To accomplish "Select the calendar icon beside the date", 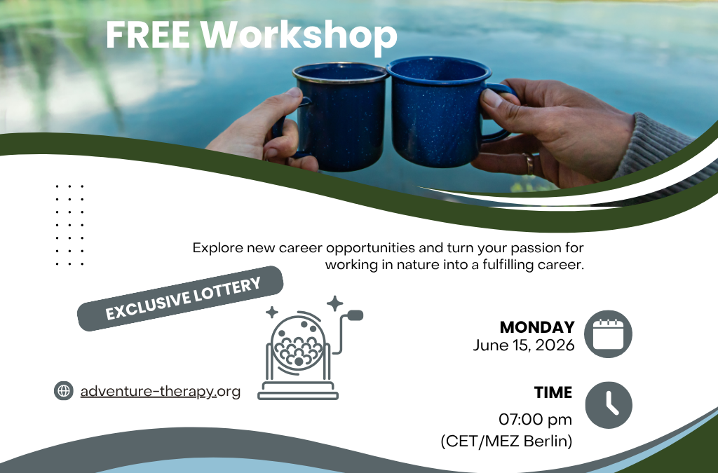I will (608, 334).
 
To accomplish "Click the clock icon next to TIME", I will (608, 404).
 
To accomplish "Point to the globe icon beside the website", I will (64, 391).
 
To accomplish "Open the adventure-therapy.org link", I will (160, 391).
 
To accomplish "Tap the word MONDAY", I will (537, 327).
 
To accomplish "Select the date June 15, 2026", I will (524, 345).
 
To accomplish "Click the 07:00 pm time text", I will (535, 419).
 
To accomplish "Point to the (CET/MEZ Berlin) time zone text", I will (506, 441).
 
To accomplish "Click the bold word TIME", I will (553, 392).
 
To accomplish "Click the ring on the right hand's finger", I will (529, 164).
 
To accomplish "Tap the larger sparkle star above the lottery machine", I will (335, 303).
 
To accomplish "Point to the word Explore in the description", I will (215, 248).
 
